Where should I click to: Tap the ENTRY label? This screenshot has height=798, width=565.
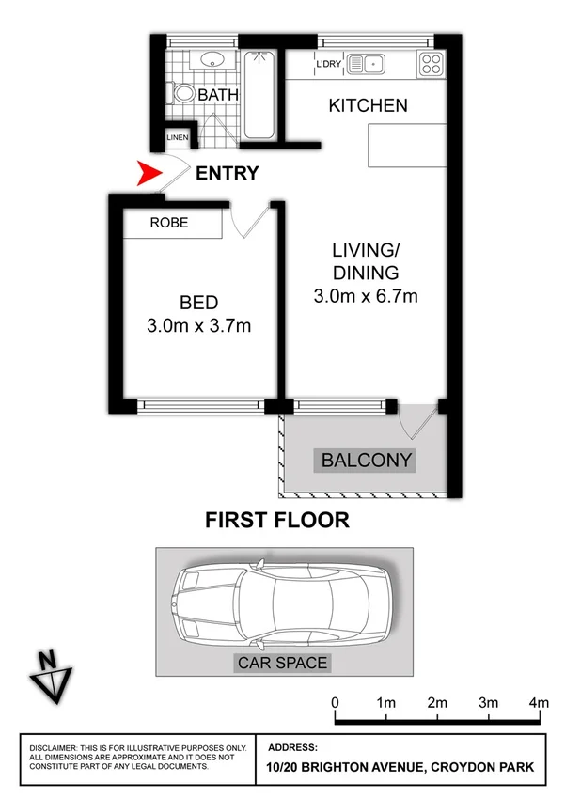point(226,173)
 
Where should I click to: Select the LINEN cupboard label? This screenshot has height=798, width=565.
point(179,138)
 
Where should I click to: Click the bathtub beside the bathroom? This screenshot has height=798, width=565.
point(259,94)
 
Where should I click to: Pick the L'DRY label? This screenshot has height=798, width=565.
point(328,64)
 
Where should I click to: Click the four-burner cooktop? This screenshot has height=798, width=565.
point(431,64)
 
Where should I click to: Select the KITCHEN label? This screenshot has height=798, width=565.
point(368,105)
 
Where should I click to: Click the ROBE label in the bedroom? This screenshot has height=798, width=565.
point(169,223)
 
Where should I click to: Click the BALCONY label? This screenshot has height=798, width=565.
point(367,460)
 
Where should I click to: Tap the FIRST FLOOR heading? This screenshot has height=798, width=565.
point(277,520)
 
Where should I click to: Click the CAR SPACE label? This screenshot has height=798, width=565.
point(282,663)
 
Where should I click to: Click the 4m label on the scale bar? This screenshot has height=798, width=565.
point(539,702)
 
